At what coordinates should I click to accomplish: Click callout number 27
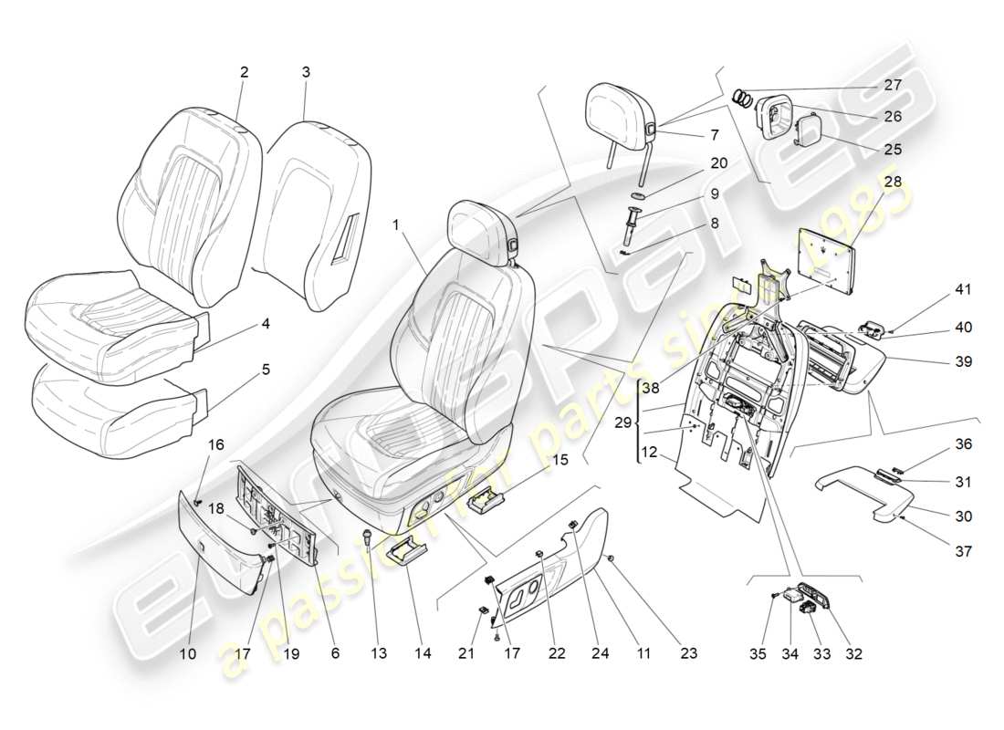tap(892, 85)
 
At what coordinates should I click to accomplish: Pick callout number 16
tap(216, 444)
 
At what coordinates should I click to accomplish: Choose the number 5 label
tap(266, 370)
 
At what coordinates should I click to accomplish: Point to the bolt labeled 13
tap(367, 538)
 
